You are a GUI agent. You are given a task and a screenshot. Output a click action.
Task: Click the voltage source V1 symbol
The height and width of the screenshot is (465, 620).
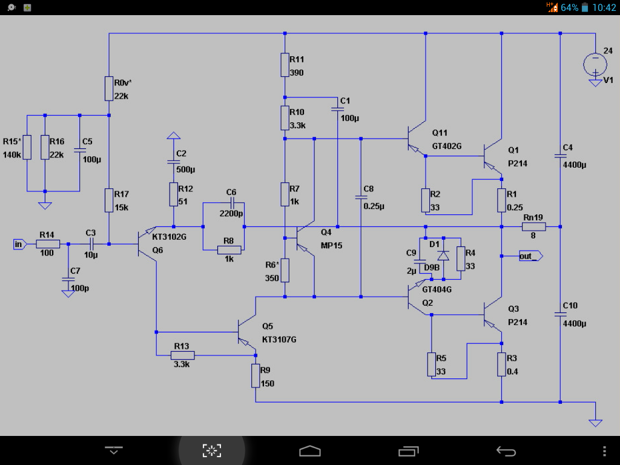pos(595,64)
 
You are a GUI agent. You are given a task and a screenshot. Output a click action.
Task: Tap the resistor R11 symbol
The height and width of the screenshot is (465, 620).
pos(285,65)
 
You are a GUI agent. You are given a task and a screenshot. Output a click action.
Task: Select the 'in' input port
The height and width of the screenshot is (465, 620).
pos(19,244)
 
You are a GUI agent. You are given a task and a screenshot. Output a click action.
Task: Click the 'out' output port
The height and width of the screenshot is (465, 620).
pos(530,256)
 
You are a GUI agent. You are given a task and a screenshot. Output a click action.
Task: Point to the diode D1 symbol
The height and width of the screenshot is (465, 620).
pos(443,256)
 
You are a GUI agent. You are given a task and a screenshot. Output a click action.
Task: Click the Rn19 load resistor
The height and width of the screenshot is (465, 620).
pos(534,227)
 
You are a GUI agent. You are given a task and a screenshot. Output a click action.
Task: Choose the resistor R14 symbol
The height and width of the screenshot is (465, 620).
pos(48,244)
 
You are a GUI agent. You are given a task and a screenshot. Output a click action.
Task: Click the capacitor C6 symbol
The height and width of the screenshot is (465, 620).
pos(231,204)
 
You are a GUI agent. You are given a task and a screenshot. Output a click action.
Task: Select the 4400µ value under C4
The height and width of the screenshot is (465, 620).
pos(575,165)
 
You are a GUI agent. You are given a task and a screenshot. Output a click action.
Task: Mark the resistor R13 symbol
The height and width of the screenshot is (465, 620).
pos(182,355)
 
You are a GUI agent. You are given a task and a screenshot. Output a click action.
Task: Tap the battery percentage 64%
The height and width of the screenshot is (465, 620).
pos(569,8)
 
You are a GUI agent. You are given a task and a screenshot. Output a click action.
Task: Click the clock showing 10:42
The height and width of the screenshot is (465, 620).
pos(604,8)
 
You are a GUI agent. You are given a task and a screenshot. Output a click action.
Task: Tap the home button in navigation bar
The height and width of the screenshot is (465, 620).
pos(309,450)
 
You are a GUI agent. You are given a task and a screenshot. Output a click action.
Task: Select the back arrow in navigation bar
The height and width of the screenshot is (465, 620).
pos(506,450)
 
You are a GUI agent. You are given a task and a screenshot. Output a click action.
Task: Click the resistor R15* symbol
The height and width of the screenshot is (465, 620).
pos(27,147)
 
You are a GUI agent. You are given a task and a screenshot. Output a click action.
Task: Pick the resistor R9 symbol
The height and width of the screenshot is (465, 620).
pos(256,376)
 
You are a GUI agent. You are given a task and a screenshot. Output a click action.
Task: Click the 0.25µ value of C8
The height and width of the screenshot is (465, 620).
pos(374,206)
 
